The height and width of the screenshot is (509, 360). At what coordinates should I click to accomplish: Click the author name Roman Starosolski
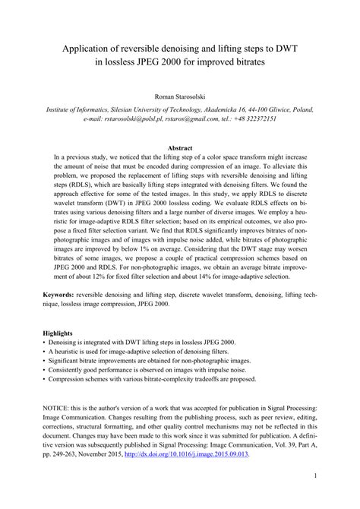point(180,97)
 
